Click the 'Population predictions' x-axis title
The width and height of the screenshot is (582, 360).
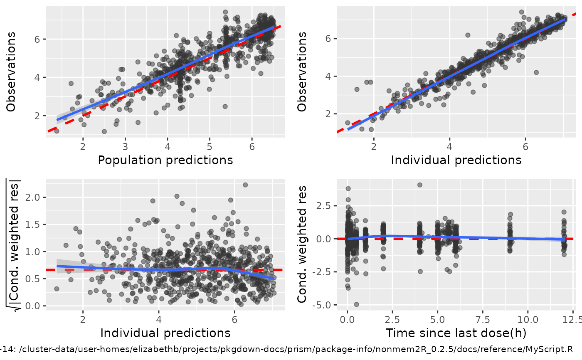tap(165, 160)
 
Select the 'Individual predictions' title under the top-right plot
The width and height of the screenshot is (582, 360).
tap(456, 160)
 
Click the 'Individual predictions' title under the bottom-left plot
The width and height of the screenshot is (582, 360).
tap(165, 333)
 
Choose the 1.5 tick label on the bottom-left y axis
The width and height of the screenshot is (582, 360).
tap(36, 224)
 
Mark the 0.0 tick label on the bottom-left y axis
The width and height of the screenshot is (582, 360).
tap(36, 306)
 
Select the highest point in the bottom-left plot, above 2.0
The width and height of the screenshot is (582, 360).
tap(245, 185)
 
